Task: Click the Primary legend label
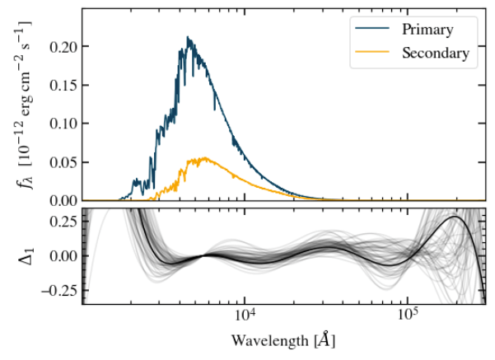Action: (x=427, y=30)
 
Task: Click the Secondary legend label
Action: (x=436, y=54)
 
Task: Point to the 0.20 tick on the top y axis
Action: (x=62, y=47)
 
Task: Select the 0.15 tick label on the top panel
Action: (x=62, y=86)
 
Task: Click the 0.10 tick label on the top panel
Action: (x=62, y=124)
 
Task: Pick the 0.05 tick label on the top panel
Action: (x=62, y=162)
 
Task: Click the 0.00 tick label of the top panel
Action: (x=62, y=200)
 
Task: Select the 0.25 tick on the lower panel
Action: (x=62, y=221)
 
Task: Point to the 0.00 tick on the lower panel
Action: (x=62, y=255)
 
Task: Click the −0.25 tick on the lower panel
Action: (x=56, y=290)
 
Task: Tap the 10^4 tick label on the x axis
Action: (x=244, y=316)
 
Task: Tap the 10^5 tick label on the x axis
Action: (x=406, y=316)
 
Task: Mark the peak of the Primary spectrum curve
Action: (x=189, y=37)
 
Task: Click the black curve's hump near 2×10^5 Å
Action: (x=454, y=217)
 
